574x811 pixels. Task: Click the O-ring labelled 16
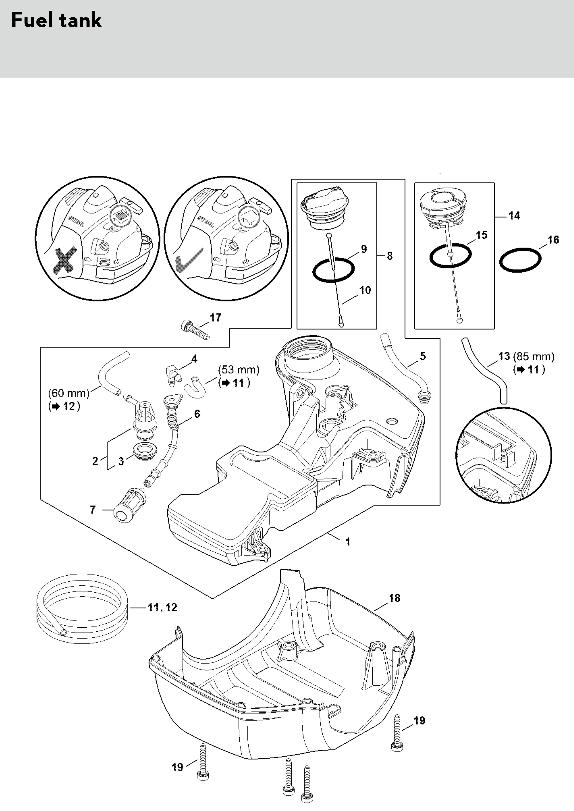pos(520,260)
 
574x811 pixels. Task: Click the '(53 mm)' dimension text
pos(239,370)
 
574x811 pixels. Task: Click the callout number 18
pos(394,598)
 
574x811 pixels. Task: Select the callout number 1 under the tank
pos(348,541)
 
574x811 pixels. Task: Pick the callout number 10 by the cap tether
pos(365,290)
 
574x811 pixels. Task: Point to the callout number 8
pos(390,256)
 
